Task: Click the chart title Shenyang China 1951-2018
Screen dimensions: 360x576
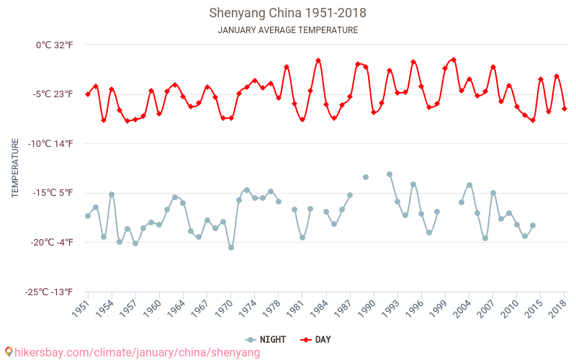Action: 287,13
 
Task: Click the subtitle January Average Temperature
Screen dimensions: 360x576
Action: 287,30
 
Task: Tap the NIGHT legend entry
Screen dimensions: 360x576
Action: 266,339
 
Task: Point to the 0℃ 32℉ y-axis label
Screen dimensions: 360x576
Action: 55,45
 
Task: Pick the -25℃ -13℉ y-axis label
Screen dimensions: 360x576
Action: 48,292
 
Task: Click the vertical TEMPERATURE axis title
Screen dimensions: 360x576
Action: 15,168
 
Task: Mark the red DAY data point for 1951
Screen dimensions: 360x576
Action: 88,94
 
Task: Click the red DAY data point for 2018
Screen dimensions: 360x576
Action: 564,109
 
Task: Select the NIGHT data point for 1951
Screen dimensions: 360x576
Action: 88,216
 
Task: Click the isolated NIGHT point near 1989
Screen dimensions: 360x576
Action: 366,177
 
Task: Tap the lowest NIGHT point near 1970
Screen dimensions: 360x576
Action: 231,248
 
